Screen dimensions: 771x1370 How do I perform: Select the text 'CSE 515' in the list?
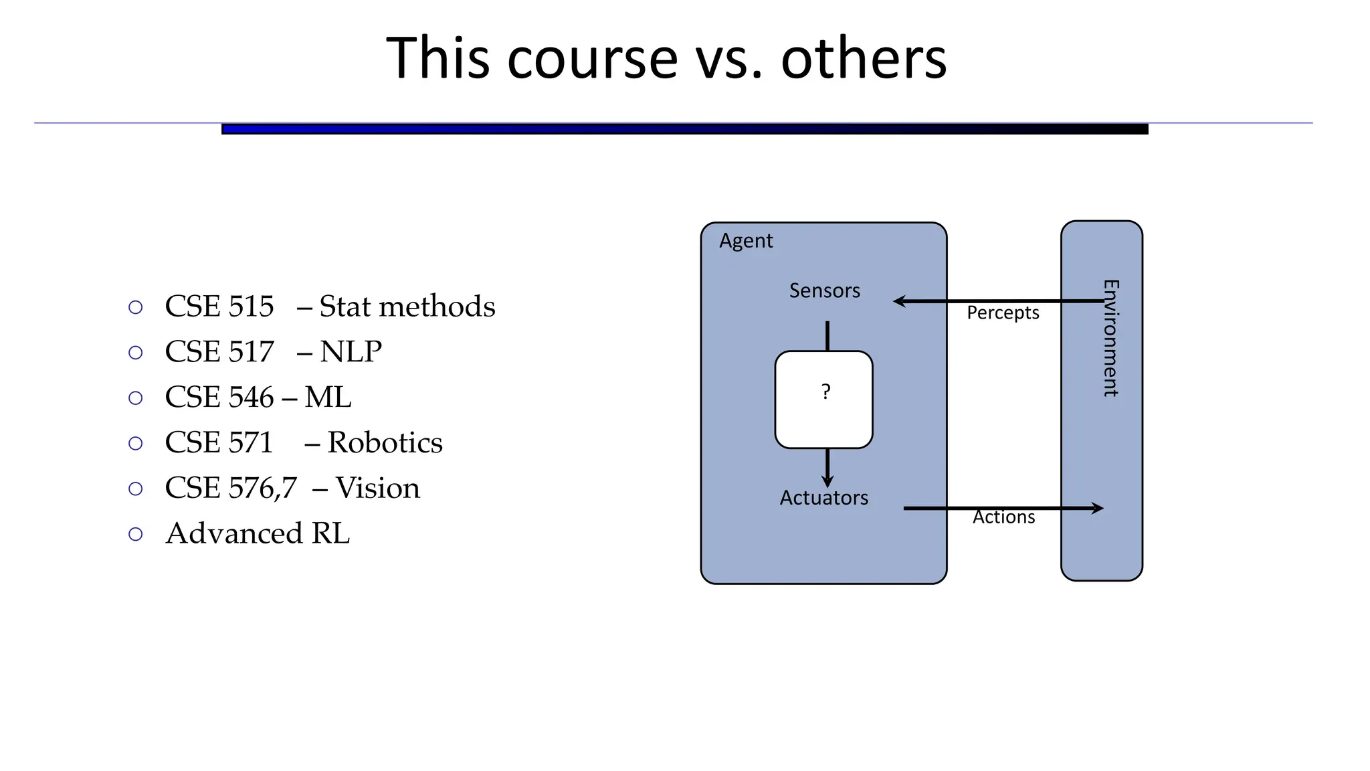[x=219, y=307]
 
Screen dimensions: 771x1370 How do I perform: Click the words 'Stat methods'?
[x=407, y=307]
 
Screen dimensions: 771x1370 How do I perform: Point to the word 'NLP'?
[x=351, y=352]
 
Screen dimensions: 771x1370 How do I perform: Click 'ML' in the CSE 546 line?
[x=328, y=398]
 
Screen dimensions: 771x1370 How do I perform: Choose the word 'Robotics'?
[x=385, y=443]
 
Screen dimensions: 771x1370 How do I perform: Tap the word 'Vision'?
[x=377, y=489]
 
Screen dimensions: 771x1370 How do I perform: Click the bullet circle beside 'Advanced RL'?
[x=136, y=534]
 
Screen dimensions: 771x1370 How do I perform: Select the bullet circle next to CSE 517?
[x=136, y=353]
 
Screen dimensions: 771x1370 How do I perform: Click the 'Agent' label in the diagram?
[x=746, y=241]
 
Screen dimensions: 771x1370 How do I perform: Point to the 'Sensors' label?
[x=824, y=290]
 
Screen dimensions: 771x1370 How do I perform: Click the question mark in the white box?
[x=825, y=392]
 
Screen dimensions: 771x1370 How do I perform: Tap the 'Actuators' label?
[x=823, y=498]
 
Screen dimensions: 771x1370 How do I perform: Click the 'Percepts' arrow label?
[x=1003, y=313]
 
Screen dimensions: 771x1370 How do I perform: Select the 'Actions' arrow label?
[x=1003, y=517]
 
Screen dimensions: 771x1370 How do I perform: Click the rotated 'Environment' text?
[x=1110, y=338]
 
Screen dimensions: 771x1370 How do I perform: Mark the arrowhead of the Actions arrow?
[x=1097, y=509]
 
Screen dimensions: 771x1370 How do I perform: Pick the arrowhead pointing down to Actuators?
[x=827, y=481]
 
